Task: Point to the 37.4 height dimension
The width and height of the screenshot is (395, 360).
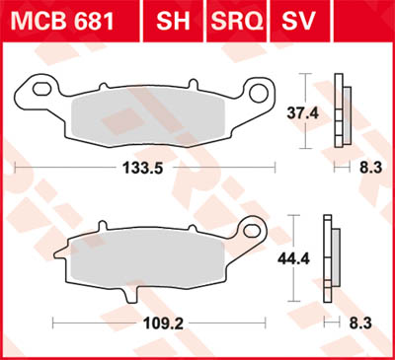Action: tap(314, 114)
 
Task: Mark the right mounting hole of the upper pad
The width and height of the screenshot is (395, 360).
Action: tap(262, 96)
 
